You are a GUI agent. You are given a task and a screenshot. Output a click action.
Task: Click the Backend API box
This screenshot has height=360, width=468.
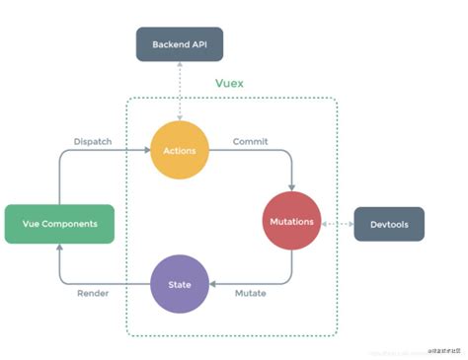click(180, 44)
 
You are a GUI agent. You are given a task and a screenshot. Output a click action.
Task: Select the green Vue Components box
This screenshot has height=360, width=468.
click(59, 224)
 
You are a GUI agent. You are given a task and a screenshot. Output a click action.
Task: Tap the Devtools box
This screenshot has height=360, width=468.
click(388, 224)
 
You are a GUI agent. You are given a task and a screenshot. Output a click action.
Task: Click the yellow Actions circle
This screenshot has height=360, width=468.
click(180, 151)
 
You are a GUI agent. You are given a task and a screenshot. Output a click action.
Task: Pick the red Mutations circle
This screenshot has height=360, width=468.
click(291, 222)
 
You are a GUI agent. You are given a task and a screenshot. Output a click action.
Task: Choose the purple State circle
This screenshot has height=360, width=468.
click(180, 284)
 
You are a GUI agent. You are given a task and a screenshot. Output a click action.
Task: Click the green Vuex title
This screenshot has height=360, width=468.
click(229, 83)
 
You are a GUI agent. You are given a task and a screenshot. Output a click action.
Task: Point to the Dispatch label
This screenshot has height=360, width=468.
click(93, 142)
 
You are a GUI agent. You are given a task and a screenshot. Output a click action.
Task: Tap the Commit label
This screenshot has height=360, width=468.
click(250, 142)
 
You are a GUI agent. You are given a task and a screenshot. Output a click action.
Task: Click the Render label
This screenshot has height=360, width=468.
click(92, 294)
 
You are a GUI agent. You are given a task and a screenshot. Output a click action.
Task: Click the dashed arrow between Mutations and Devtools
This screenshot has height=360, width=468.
click(337, 223)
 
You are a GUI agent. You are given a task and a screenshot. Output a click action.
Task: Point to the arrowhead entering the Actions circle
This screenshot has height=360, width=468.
click(146, 151)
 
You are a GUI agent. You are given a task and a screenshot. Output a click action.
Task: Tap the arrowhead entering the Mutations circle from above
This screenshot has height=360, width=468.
click(291, 187)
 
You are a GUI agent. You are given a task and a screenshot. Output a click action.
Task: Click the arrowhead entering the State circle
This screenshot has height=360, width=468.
click(214, 284)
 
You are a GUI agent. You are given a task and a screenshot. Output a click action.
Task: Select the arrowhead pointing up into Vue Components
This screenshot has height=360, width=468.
click(58, 248)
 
